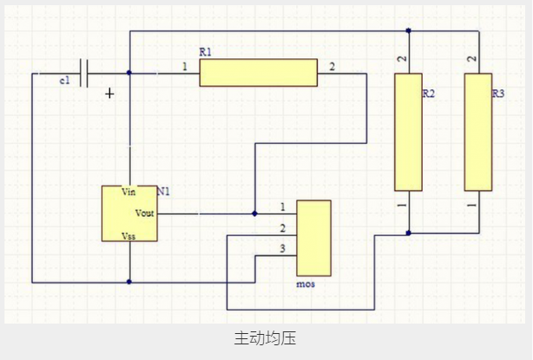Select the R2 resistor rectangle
click(408, 132)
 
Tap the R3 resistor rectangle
click(477, 132)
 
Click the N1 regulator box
click(128, 213)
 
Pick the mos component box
click(313, 238)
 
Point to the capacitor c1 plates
click(85, 74)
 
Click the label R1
click(206, 53)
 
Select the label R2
click(428, 93)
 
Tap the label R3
click(498, 93)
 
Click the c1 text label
click(65, 80)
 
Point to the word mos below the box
click(306, 284)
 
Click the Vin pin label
click(129, 192)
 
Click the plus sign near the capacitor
click(109, 93)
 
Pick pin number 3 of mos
click(282, 249)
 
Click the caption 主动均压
click(266, 338)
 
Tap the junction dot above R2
click(408, 31)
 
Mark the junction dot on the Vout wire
click(254, 213)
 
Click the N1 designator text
click(163, 191)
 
